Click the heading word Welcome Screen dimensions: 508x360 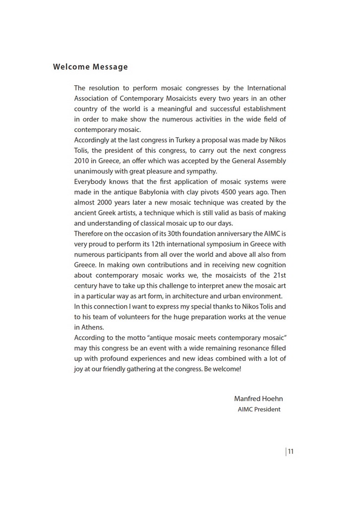71,67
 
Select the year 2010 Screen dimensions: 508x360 82,161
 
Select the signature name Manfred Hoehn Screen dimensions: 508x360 258,399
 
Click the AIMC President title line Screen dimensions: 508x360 259,409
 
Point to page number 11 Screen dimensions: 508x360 291,451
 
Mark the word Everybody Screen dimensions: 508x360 91,182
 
